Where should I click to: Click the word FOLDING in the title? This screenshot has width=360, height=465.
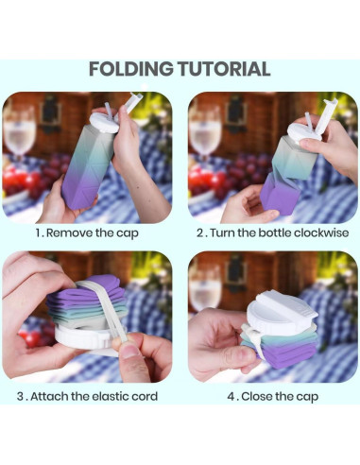(x=131, y=69)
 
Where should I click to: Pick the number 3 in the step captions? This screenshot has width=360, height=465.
(x=21, y=396)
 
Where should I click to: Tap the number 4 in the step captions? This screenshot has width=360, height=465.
(x=231, y=396)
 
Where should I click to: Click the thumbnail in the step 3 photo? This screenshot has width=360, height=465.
(x=129, y=352)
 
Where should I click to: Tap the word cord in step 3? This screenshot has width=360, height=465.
(x=145, y=396)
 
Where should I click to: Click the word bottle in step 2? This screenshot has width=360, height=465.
(x=275, y=233)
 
